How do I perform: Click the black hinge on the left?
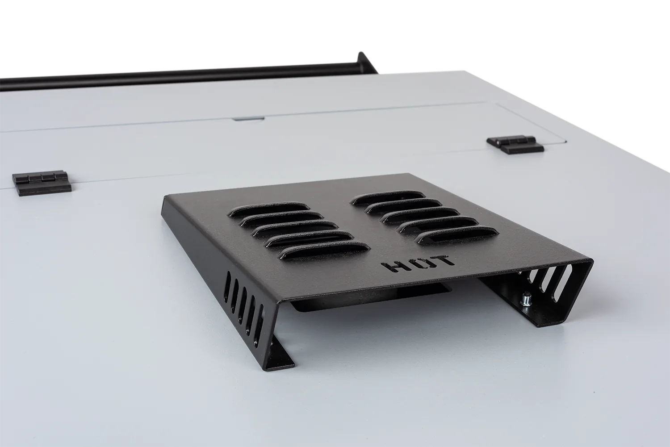[x=42, y=183]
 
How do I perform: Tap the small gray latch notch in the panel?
[x=248, y=118]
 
